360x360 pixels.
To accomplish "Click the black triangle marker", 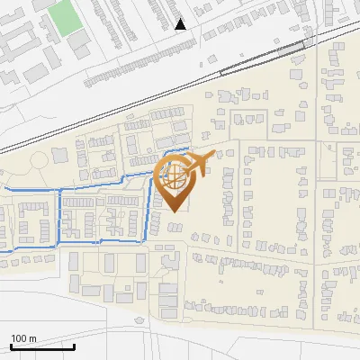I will pos(181,24).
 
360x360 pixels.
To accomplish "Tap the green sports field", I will pos(65,18).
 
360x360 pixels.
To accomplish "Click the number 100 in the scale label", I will pos(21,338).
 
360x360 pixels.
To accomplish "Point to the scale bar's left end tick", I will pos(11,346).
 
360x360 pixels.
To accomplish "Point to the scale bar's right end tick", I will pos(75,346).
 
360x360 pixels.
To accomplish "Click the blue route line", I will pos(59,216).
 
